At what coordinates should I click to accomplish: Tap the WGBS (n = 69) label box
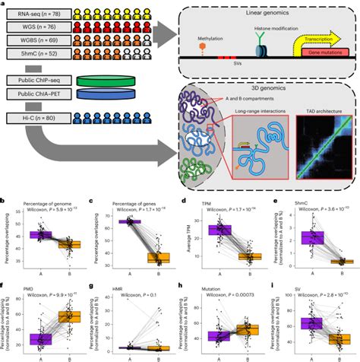pos(34,41)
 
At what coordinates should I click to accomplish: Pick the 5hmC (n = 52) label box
pos(34,54)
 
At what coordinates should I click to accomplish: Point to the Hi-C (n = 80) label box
pos(34,118)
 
